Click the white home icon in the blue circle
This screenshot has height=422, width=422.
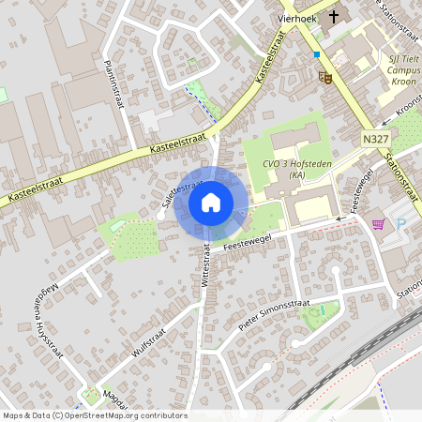point(211,202)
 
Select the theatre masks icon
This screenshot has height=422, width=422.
point(325,76)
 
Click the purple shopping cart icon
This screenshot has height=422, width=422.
point(378,223)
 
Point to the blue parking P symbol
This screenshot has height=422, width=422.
point(401,223)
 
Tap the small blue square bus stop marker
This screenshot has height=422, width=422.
point(317,54)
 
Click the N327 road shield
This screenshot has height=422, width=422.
point(374,138)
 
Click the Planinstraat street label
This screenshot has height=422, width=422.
point(114,83)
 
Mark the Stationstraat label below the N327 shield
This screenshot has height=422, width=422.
point(399,165)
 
